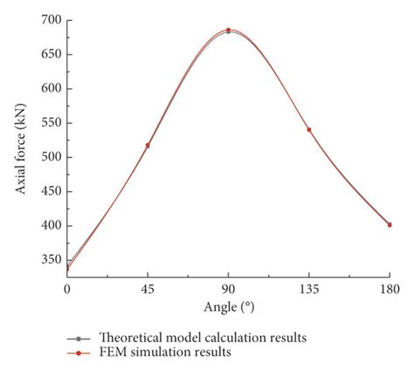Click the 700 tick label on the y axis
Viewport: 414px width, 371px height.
51,20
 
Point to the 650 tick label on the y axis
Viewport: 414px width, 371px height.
51,54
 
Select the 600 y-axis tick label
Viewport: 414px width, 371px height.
51,88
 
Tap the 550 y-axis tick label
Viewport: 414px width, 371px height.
51,123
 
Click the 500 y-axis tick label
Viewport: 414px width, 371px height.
51,157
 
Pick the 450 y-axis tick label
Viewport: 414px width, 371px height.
51,191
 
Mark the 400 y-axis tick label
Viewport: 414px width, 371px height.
51,226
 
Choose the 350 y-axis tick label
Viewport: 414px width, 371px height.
51,260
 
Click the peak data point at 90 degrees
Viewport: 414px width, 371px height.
228,31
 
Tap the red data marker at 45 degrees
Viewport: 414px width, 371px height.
148,146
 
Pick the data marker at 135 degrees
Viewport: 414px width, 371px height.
308,130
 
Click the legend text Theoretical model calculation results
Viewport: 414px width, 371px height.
203,337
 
